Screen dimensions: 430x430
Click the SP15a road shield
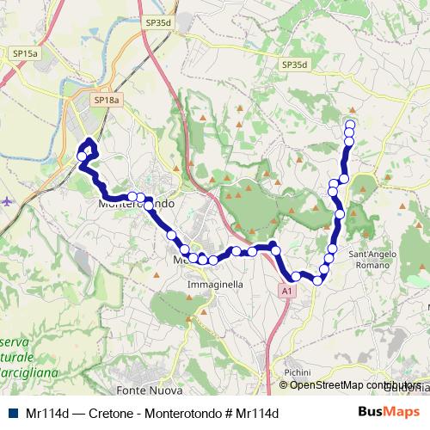coord(25,53)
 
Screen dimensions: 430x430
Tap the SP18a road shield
coord(107,101)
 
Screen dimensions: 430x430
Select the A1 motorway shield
coord(286,292)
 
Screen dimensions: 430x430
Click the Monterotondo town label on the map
coord(138,205)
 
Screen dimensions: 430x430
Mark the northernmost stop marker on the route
coord(349,125)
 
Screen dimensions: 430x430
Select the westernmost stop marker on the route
coord(82,157)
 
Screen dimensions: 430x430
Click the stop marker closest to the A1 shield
coord(296,276)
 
